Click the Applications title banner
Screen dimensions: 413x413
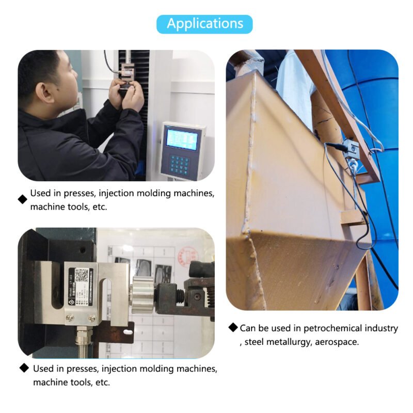pos(205,24)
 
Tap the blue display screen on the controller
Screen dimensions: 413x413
pos(181,139)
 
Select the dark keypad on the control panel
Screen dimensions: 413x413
pos(180,164)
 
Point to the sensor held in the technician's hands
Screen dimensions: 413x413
pos(126,77)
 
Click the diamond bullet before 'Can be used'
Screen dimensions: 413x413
pos(234,328)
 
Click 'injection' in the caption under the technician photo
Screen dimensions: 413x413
pos(120,194)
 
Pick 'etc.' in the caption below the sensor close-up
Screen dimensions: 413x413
pos(101,383)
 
